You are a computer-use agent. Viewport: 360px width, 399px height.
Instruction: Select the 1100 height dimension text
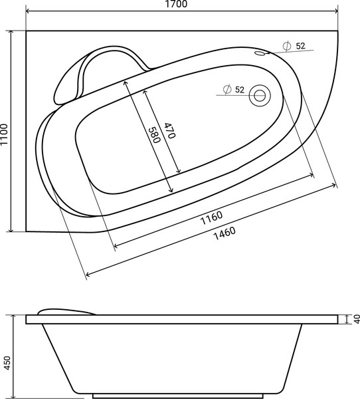click(5, 131)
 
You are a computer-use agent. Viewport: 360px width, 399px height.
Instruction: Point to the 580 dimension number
click(153, 135)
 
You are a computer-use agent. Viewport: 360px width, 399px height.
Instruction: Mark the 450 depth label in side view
click(6, 362)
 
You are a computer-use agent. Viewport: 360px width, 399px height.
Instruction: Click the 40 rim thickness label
click(355, 320)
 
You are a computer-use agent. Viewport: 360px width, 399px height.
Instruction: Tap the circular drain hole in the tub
click(258, 96)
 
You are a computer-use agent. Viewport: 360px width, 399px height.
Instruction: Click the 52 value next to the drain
click(239, 89)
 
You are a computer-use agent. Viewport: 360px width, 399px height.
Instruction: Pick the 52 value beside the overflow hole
click(300, 46)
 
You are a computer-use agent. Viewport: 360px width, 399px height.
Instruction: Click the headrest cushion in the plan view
click(73, 80)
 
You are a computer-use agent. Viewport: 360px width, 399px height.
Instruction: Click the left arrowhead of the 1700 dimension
click(27, 12)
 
